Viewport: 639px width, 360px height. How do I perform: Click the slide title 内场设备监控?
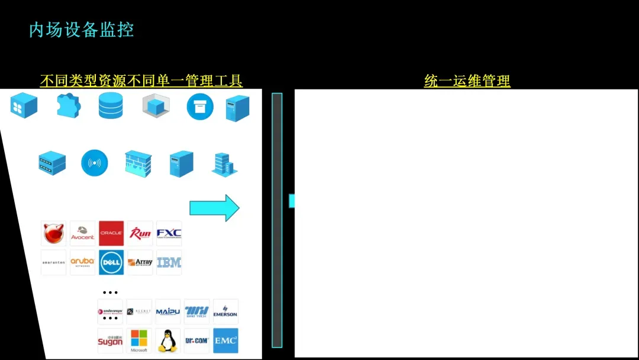point(82,30)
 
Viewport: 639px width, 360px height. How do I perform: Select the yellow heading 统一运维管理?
point(467,81)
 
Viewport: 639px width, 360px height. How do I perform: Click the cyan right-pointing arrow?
point(214,208)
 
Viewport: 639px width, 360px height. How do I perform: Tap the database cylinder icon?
point(111,106)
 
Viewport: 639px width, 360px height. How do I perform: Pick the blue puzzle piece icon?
point(68,106)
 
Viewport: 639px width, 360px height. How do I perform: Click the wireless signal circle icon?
point(95,163)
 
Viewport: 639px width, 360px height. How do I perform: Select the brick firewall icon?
point(138,163)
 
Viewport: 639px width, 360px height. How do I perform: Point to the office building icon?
point(224,164)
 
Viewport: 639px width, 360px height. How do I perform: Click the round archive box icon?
point(200,107)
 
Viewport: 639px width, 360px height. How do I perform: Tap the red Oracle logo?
point(111,233)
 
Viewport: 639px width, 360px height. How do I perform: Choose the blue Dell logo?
point(111,262)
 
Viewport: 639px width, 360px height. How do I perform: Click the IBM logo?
point(169,262)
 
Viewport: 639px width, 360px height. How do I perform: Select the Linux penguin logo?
point(168,341)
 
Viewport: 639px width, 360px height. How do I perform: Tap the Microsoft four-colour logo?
point(139,340)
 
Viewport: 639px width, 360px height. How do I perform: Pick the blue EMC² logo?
point(225,340)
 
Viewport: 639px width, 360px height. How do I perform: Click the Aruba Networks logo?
point(82,262)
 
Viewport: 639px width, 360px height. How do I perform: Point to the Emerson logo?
point(225,311)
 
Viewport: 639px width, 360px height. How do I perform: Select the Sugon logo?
point(110,341)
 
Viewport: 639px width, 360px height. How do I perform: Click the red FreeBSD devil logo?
point(53,233)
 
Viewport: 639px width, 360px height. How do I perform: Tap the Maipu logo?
point(168,311)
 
